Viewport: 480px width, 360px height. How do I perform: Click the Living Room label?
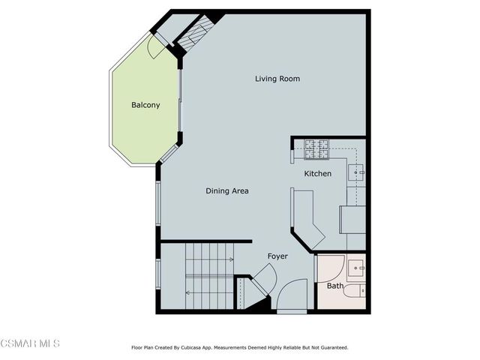[277, 79]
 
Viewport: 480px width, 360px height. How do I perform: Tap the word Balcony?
[145, 105]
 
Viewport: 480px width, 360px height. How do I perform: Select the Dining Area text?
[227, 191]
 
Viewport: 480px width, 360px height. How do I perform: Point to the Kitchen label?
[317, 174]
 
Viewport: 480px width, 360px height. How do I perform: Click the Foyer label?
[277, 256]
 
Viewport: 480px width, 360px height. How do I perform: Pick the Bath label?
[334, 286]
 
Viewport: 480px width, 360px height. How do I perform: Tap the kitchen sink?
[357, 172]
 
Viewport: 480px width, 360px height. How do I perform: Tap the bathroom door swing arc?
[330, 268]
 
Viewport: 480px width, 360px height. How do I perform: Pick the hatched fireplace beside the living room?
[196, 34]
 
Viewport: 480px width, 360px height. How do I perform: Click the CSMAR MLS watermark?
[30, 343]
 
